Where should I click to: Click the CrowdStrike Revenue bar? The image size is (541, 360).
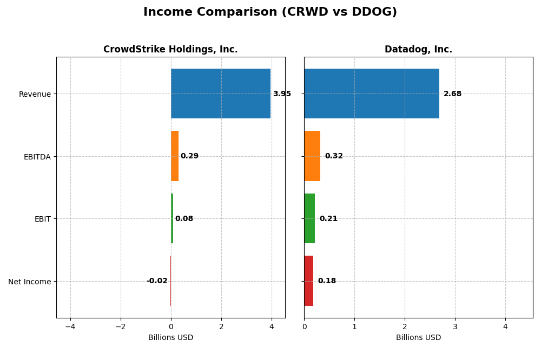click(x=221, y=94)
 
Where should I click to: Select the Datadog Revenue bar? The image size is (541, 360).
click(x=372, y=94)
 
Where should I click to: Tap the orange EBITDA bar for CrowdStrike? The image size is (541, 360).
click(x=175, y=156)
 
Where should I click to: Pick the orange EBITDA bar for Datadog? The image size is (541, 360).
click(x=312, y=156)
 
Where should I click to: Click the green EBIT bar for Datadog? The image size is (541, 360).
click(x=309, y=218)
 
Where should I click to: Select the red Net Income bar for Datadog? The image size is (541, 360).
click(x=309, y=281)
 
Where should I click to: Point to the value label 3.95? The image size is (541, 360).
click(x=282, y=94)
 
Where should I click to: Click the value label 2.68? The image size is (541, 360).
click(x=452, y=94)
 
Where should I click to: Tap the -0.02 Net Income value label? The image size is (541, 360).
click(x=157, y=281)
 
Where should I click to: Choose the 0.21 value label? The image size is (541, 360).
click(x=328, y=219)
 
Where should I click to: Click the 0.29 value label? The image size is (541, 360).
click(x=189, y=156)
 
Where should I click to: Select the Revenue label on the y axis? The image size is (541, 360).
click(x=35, y=94)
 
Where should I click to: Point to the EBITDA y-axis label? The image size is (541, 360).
click(x=37, y=157)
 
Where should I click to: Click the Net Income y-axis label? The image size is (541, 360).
click(x=30, y=282)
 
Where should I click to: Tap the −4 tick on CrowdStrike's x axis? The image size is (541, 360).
click(x=70, y=326)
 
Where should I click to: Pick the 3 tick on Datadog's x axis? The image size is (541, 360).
click(x=455, y=326)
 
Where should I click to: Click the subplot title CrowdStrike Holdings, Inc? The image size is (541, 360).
click(x=170, y=50)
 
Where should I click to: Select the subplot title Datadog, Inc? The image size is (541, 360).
click(x=418, y=50)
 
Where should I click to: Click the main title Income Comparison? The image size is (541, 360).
click(x=270, y=12)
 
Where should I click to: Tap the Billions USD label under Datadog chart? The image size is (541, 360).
click(x=418, y=338)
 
